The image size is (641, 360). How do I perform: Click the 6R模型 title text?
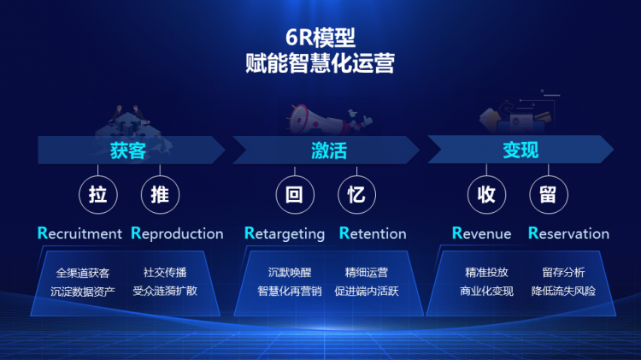(320, 38)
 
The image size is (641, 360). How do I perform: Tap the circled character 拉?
(98, 194)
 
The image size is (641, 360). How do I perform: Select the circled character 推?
(160, 194)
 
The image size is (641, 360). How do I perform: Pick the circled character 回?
(295, 194)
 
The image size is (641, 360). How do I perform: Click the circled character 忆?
(356, 194)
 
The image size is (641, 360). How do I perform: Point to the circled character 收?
(486, 194)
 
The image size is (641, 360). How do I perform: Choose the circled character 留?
(548, 194)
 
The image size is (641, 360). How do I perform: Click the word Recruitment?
(79, 233)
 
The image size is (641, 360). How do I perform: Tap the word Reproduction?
(177, 233)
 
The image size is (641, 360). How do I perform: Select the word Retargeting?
(285, 233)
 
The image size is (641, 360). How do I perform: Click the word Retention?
(373, 233)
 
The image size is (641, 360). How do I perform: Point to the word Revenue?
(481, 233)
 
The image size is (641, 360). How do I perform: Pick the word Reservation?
(568, 233)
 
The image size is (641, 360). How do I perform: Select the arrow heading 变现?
(520, 150)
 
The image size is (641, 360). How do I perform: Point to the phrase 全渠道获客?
(83, 273)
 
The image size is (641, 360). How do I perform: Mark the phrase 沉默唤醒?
(290, 273)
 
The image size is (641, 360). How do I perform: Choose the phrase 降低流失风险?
(563, 292)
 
